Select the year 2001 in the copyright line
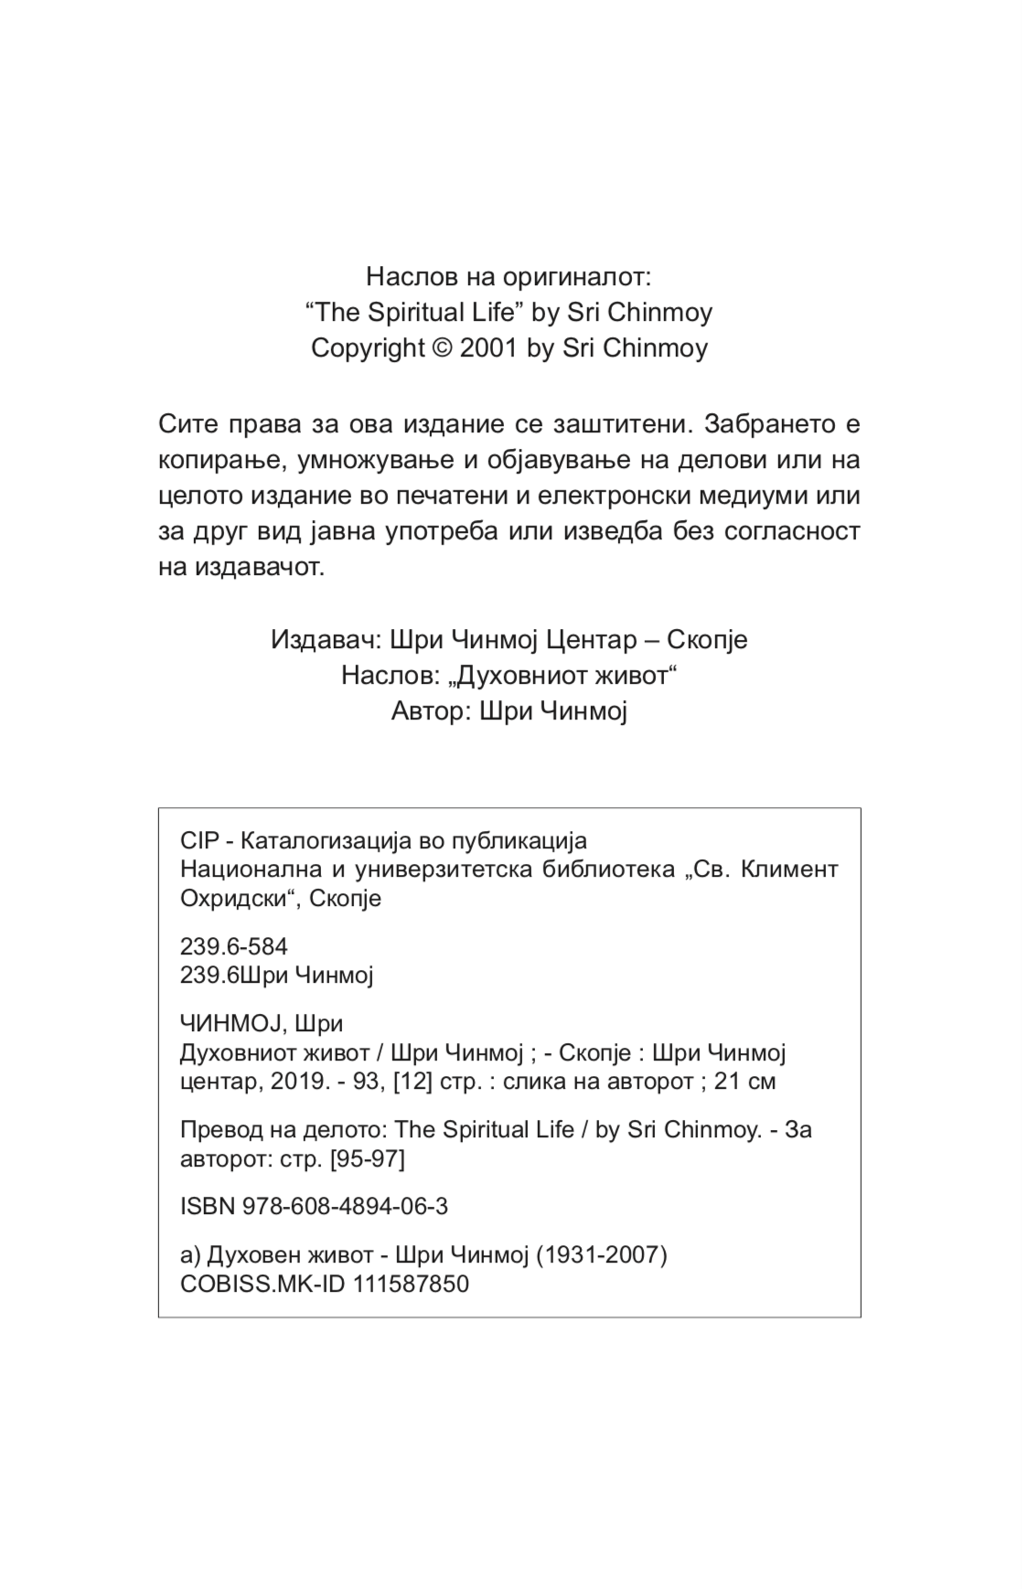[489, 348]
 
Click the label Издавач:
[326, 639]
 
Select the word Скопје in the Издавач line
[707, 639]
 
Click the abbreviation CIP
[196, 840]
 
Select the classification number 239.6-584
[234, 946]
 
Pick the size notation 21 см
[744, 1082]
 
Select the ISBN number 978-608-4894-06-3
[345, 1207]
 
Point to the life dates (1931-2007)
[601, 1254]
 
